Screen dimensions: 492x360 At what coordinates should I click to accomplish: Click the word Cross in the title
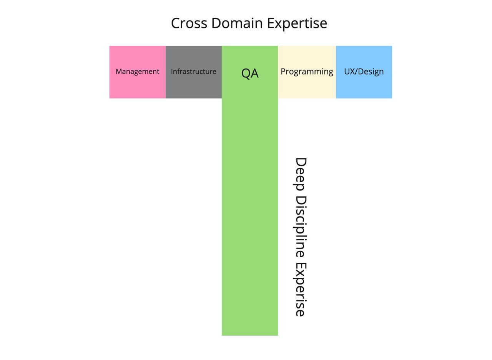pos(189,23)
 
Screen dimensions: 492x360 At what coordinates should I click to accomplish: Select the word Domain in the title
pos(237,23)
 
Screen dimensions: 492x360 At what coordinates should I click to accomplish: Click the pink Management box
pos(138,72)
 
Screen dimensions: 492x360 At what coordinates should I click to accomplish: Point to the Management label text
pos(138,72)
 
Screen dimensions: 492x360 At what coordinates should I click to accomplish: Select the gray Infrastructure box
pos(194,72)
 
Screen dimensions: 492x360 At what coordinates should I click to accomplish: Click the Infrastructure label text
pos(193,72)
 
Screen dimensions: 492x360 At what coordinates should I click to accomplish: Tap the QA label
pos(250,73)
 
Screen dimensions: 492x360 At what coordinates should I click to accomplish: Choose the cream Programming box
pos(307,72)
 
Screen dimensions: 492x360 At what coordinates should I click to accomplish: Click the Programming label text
pos(307,72)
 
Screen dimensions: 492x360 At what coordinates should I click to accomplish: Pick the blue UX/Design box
pos(364,72)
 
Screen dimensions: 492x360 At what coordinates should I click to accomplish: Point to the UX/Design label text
pos(364,72)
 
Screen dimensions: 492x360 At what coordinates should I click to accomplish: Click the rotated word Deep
pos(300,174)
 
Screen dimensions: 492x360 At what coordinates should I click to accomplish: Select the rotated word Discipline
pos(300,227)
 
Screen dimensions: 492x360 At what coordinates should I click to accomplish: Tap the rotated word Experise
pos(300,290)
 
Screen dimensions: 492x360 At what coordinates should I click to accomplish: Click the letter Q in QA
pos(246,73)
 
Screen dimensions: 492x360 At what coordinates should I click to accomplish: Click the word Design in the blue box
pos(372,72)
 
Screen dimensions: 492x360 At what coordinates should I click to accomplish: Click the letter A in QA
pos(255,73)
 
